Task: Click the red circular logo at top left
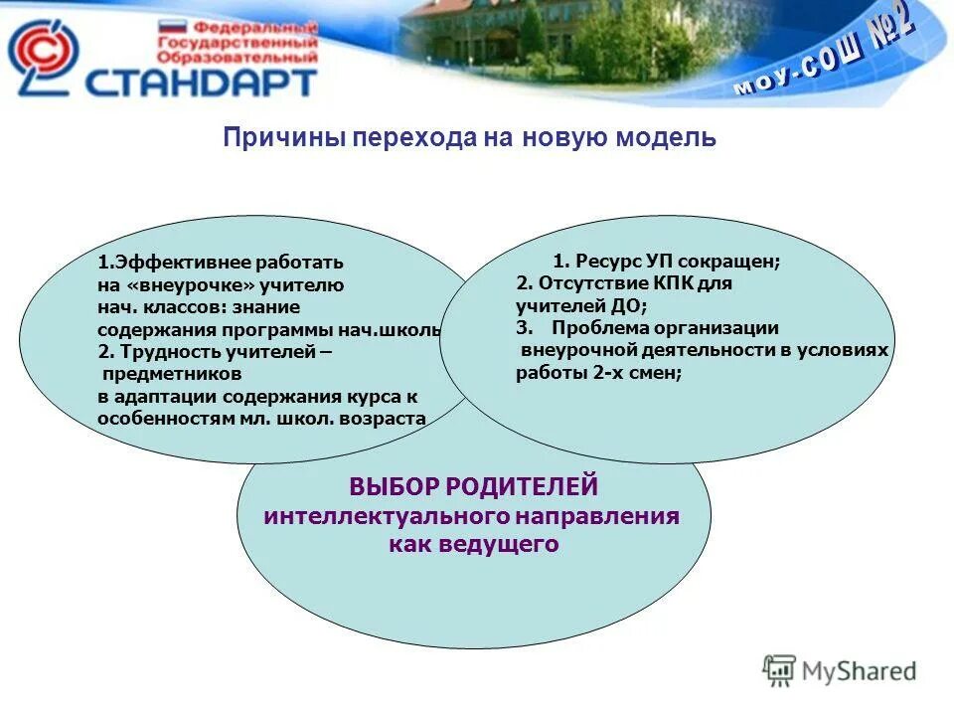pos(42,57)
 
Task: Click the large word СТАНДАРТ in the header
pos(200,81)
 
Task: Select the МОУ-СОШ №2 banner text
pos(824,60)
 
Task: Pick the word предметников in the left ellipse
pos(171,374)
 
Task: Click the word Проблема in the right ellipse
pos(596,328)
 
